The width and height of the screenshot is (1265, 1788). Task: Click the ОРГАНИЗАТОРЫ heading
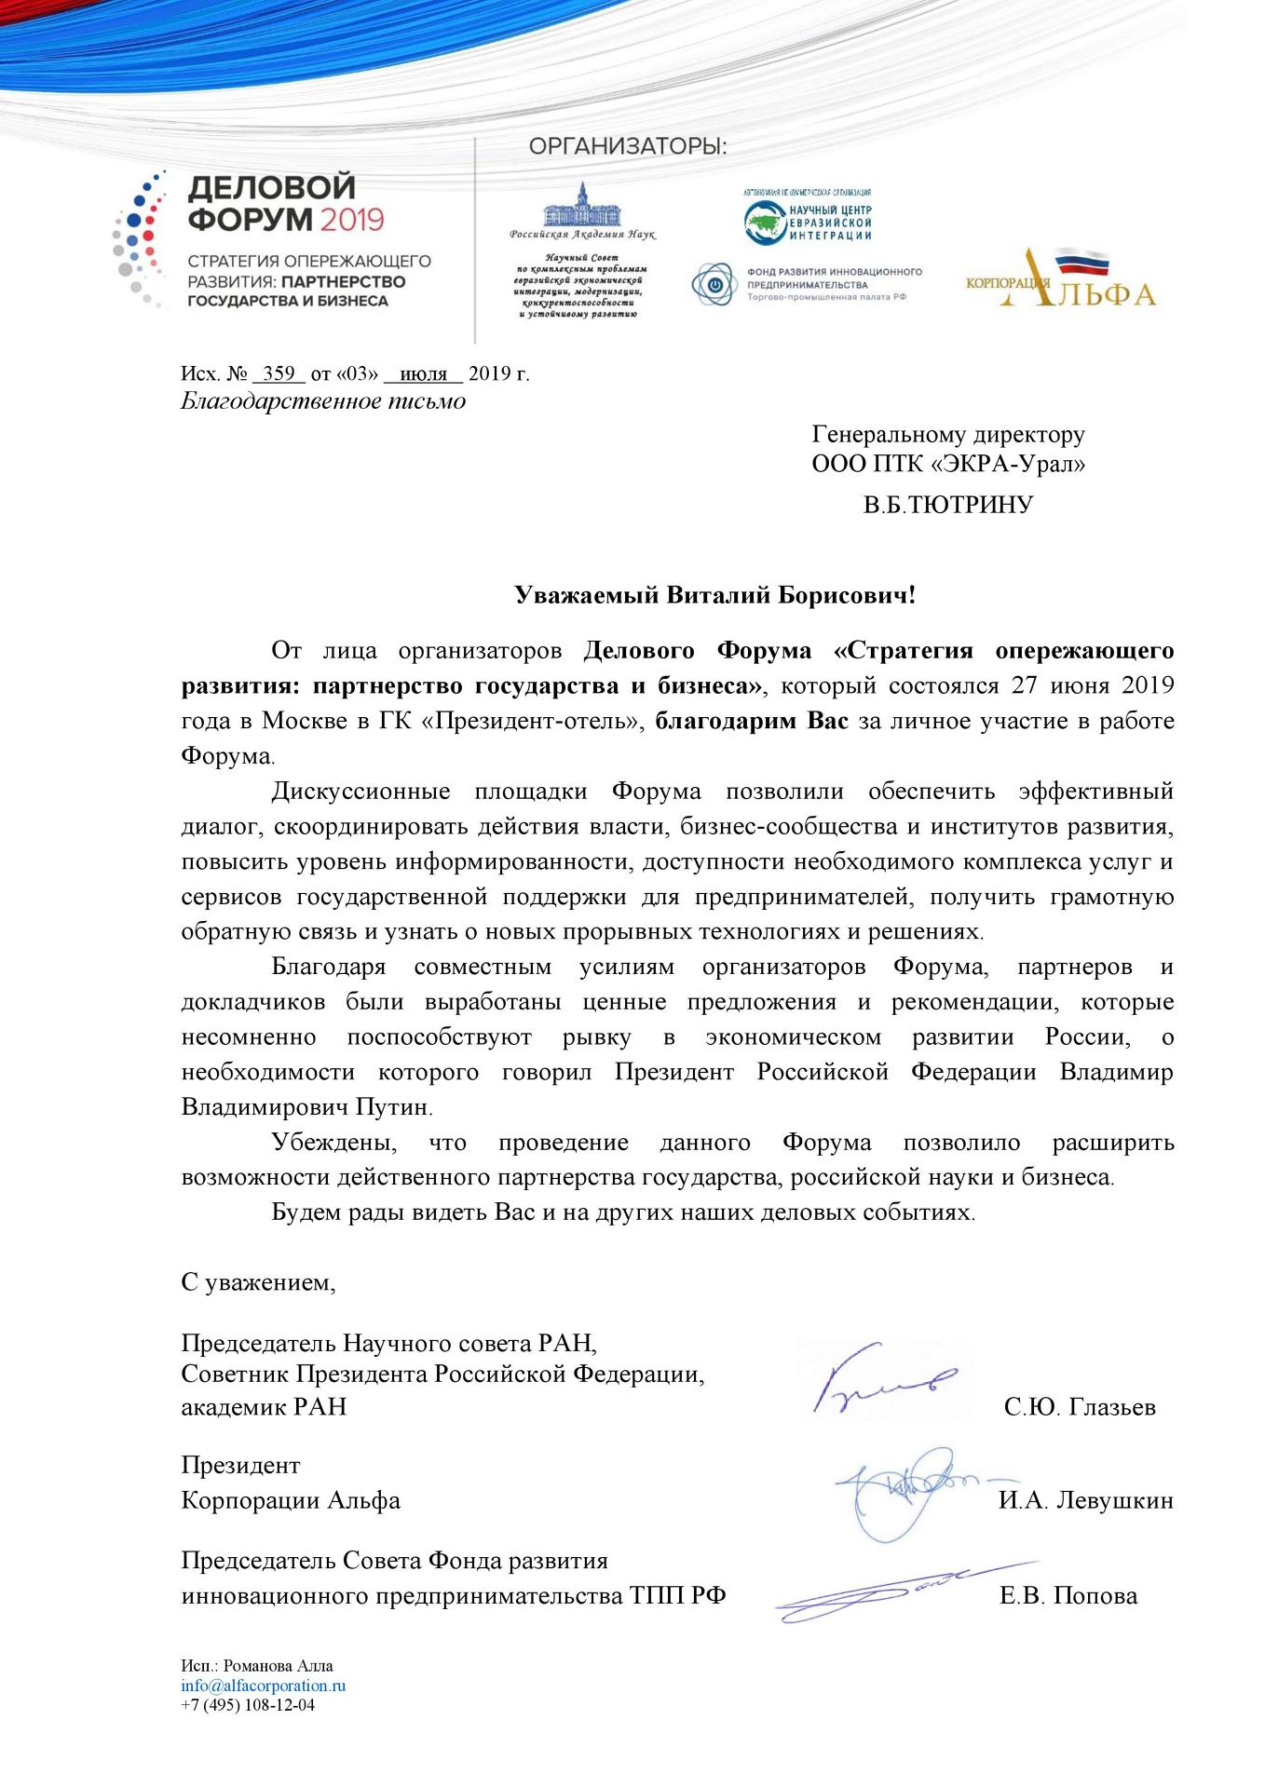[627, 147]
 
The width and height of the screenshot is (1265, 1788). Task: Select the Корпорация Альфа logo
[1061, 278]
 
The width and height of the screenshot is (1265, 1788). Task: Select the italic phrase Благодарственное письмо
[323, 402]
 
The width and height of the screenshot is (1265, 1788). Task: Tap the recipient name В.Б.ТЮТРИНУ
[948, 506]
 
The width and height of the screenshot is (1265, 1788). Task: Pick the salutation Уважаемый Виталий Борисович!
[715, 596]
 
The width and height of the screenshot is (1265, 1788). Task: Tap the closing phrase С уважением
[258, 1283]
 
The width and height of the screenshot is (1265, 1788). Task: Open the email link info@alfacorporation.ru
[264, 1686]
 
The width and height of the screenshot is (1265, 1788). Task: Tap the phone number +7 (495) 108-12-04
[248, 1705]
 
